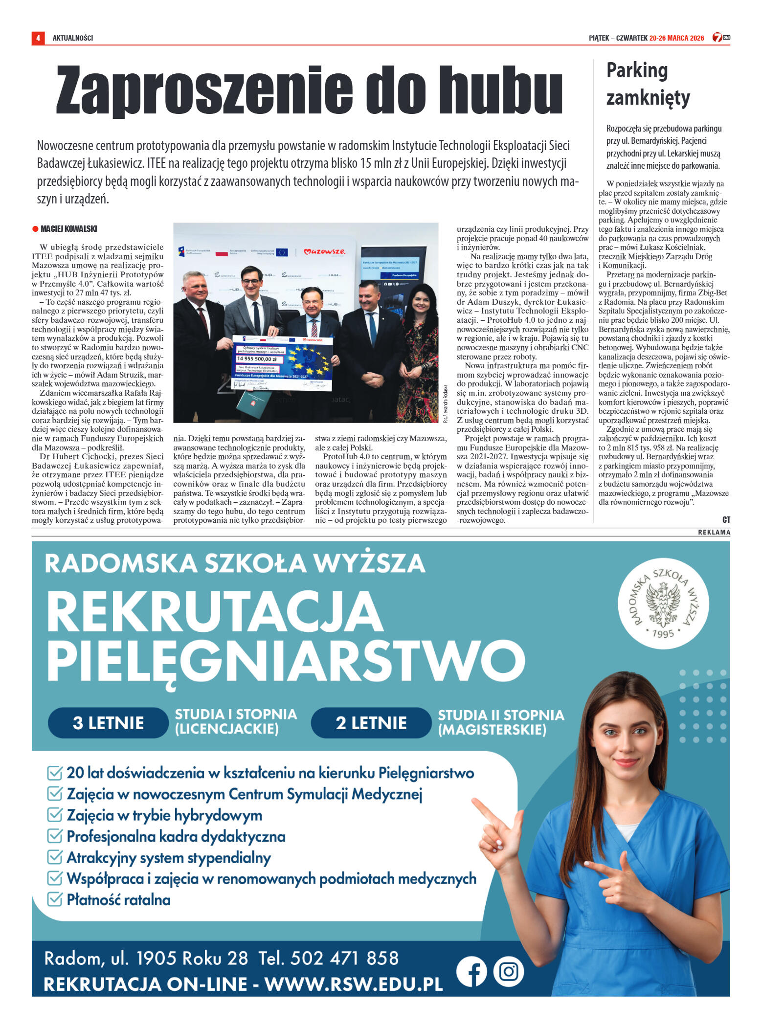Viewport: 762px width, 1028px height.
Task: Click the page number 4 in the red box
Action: point(38,38)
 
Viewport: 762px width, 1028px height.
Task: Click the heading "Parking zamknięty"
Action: point(648,84)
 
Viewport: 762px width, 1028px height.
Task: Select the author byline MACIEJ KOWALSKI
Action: point(69,229)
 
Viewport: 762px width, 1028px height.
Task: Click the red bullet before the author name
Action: point(35,229)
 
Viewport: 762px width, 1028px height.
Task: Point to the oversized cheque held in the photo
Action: point(283,363)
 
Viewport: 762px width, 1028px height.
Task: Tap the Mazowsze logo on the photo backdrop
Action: point(324,252)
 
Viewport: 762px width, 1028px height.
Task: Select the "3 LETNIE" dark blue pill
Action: point(108,723)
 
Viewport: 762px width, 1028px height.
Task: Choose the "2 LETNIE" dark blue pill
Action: point(371,723)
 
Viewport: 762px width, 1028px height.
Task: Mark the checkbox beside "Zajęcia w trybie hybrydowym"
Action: point(54,815)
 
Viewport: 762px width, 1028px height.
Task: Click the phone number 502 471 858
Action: point(344,958)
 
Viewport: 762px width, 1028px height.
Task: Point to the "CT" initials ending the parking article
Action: point(726,520)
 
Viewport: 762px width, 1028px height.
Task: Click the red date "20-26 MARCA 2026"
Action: point(676,38)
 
